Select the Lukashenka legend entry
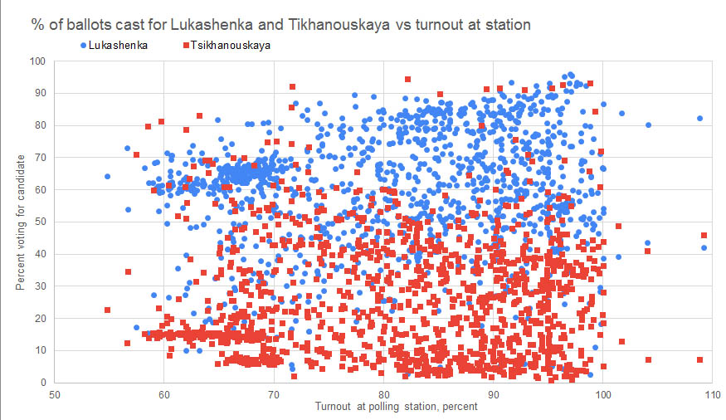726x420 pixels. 115,45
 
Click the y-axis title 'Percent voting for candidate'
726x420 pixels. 19,222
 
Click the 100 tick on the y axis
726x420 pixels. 37,61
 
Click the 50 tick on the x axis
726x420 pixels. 55,394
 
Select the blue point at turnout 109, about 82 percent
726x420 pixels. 699,119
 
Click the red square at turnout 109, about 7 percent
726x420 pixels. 699,359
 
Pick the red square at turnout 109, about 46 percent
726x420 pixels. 704,236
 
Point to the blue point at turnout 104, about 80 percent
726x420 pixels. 648,125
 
